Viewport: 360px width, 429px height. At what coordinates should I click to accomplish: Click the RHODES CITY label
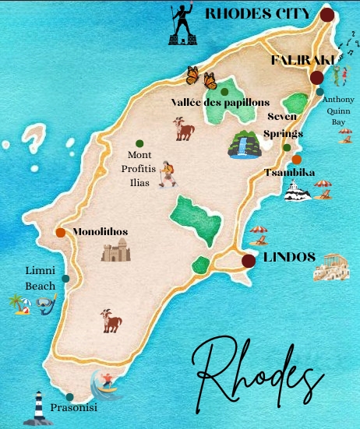tap(258, 13)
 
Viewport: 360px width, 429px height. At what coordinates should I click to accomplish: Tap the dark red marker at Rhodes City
tap(326, 14)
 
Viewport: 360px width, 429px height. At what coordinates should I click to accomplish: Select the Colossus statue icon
tap(182, 26)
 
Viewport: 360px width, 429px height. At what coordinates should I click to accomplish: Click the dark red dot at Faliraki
tap(316, 77)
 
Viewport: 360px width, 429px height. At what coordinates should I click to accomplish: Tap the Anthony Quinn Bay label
tap(339, 110)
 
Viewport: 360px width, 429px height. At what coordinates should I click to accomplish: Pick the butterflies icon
tap(200, 77)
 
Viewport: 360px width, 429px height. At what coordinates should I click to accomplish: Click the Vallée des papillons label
tap(220, 102)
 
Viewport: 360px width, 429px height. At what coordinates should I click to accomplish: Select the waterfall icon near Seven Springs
tap(244, 144)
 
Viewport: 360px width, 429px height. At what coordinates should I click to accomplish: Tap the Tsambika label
tap(289, 172)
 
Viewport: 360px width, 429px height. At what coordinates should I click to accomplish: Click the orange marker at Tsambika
tap(296, 159)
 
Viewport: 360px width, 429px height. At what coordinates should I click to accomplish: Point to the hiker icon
tap(168, 174)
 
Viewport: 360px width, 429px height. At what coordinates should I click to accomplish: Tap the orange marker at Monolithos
tap(60, 232)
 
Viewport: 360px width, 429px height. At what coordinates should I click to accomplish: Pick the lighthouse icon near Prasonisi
tap(34, 407)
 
